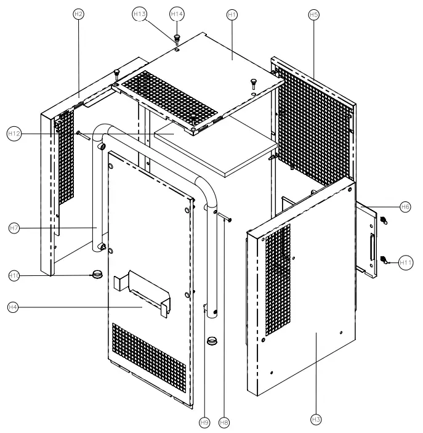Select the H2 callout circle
(78, 14)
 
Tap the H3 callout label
(316, 419)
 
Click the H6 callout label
(405, 207)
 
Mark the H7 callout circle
(14, 229)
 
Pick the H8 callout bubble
(224, 423)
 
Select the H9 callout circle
(204, 423)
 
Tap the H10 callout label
(14, 275)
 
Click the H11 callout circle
(405, 262)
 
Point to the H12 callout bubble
(14, 132)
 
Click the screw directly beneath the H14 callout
(176, 38)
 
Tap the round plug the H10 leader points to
(97, 273)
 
